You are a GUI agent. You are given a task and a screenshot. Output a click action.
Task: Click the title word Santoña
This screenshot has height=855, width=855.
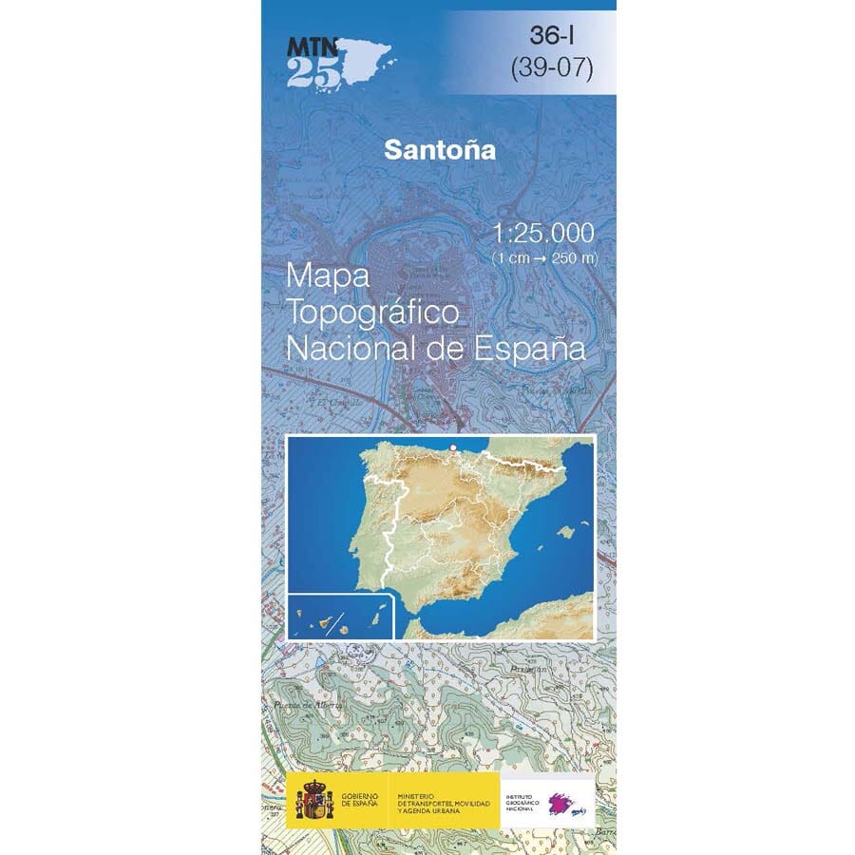coord(440,150)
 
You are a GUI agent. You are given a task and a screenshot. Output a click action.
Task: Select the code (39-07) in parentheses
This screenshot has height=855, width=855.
coord(551,68)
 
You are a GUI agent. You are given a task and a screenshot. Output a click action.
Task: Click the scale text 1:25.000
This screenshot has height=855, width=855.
coord(543,234)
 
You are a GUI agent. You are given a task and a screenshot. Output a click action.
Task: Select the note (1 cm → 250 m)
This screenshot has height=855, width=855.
coord(544,258)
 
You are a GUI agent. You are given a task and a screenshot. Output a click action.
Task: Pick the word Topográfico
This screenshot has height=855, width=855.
coord(373,313)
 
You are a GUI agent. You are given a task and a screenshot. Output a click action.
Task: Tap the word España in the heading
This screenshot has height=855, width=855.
coord(527,348)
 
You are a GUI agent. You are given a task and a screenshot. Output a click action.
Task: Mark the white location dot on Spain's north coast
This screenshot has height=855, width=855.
coord(454,446)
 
